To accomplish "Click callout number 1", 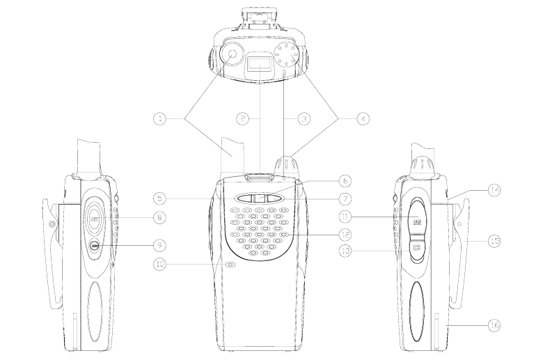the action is point(160,119).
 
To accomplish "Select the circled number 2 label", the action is point(243,119).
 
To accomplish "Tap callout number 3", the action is point(304,119).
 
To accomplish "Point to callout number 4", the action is point(363,119).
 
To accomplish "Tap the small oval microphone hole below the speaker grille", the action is point(230,264).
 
